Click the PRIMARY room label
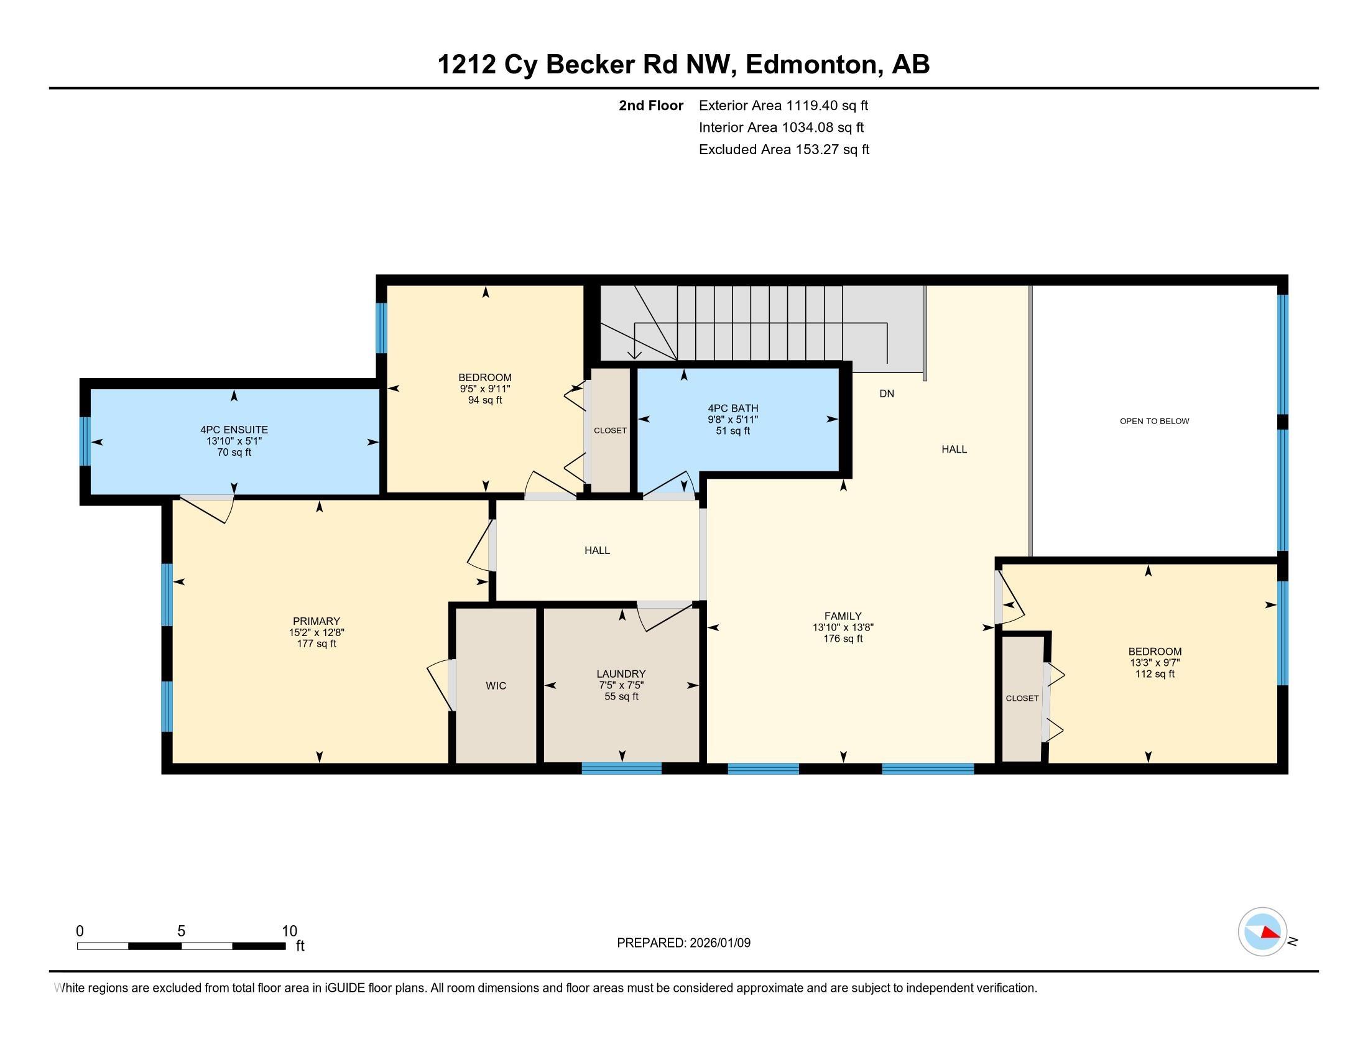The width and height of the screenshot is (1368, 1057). click(316, 621)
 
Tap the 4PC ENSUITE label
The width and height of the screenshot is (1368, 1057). click(234, 430)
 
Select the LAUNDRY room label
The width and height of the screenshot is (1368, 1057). click(620, 674)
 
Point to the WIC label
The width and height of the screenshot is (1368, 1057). click(496, 686)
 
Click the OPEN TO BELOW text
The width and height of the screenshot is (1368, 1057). click(1153, 421)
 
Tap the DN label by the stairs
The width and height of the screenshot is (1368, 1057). click(885, 393)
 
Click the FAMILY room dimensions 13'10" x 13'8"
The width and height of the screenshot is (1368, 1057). click(843, 627)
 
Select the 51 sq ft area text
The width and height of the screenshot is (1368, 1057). click(733, 431)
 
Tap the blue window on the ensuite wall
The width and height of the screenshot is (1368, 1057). click(85, 441)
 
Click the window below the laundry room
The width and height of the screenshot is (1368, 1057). click(621, 769)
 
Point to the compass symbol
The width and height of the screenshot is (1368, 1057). click(1262, 931)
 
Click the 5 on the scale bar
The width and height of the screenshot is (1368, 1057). click(181, 931)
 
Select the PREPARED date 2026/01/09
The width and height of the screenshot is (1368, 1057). click(683, 943)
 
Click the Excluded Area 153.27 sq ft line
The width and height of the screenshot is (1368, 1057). click(783, 149)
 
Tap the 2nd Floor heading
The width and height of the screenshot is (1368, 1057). click(650, 105)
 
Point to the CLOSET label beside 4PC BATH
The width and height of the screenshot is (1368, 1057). click(609, 430)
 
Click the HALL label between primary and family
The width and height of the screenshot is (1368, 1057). click(596, 550)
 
